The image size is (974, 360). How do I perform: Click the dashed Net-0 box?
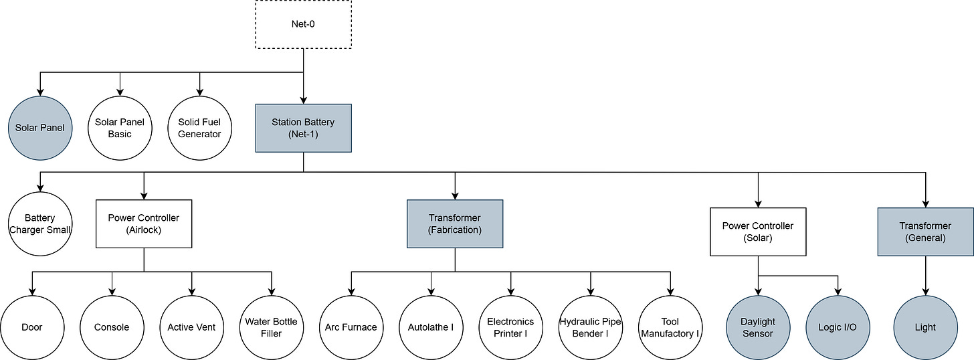304,25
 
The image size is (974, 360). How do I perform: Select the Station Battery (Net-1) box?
304,128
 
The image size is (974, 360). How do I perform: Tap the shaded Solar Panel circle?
41,127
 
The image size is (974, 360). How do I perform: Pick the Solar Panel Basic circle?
120,127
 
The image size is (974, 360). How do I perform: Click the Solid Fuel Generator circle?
199,127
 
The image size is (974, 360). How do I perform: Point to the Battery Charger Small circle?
40,223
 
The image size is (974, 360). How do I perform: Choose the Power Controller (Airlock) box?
144,223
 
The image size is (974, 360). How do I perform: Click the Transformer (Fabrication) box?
455,223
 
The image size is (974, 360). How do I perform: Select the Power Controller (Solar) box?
758,232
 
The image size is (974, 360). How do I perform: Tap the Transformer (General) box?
925,232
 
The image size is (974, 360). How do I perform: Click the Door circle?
32,327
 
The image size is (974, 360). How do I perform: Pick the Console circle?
112,327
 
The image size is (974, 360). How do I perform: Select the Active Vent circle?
191,327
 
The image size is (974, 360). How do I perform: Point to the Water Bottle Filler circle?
272,327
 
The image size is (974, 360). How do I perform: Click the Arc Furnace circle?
351,327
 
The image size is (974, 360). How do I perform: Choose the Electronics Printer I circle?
510,327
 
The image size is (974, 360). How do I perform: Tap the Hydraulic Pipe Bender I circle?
591,327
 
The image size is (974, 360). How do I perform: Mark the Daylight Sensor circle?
758,327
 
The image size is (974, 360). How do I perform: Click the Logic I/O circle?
838,327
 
